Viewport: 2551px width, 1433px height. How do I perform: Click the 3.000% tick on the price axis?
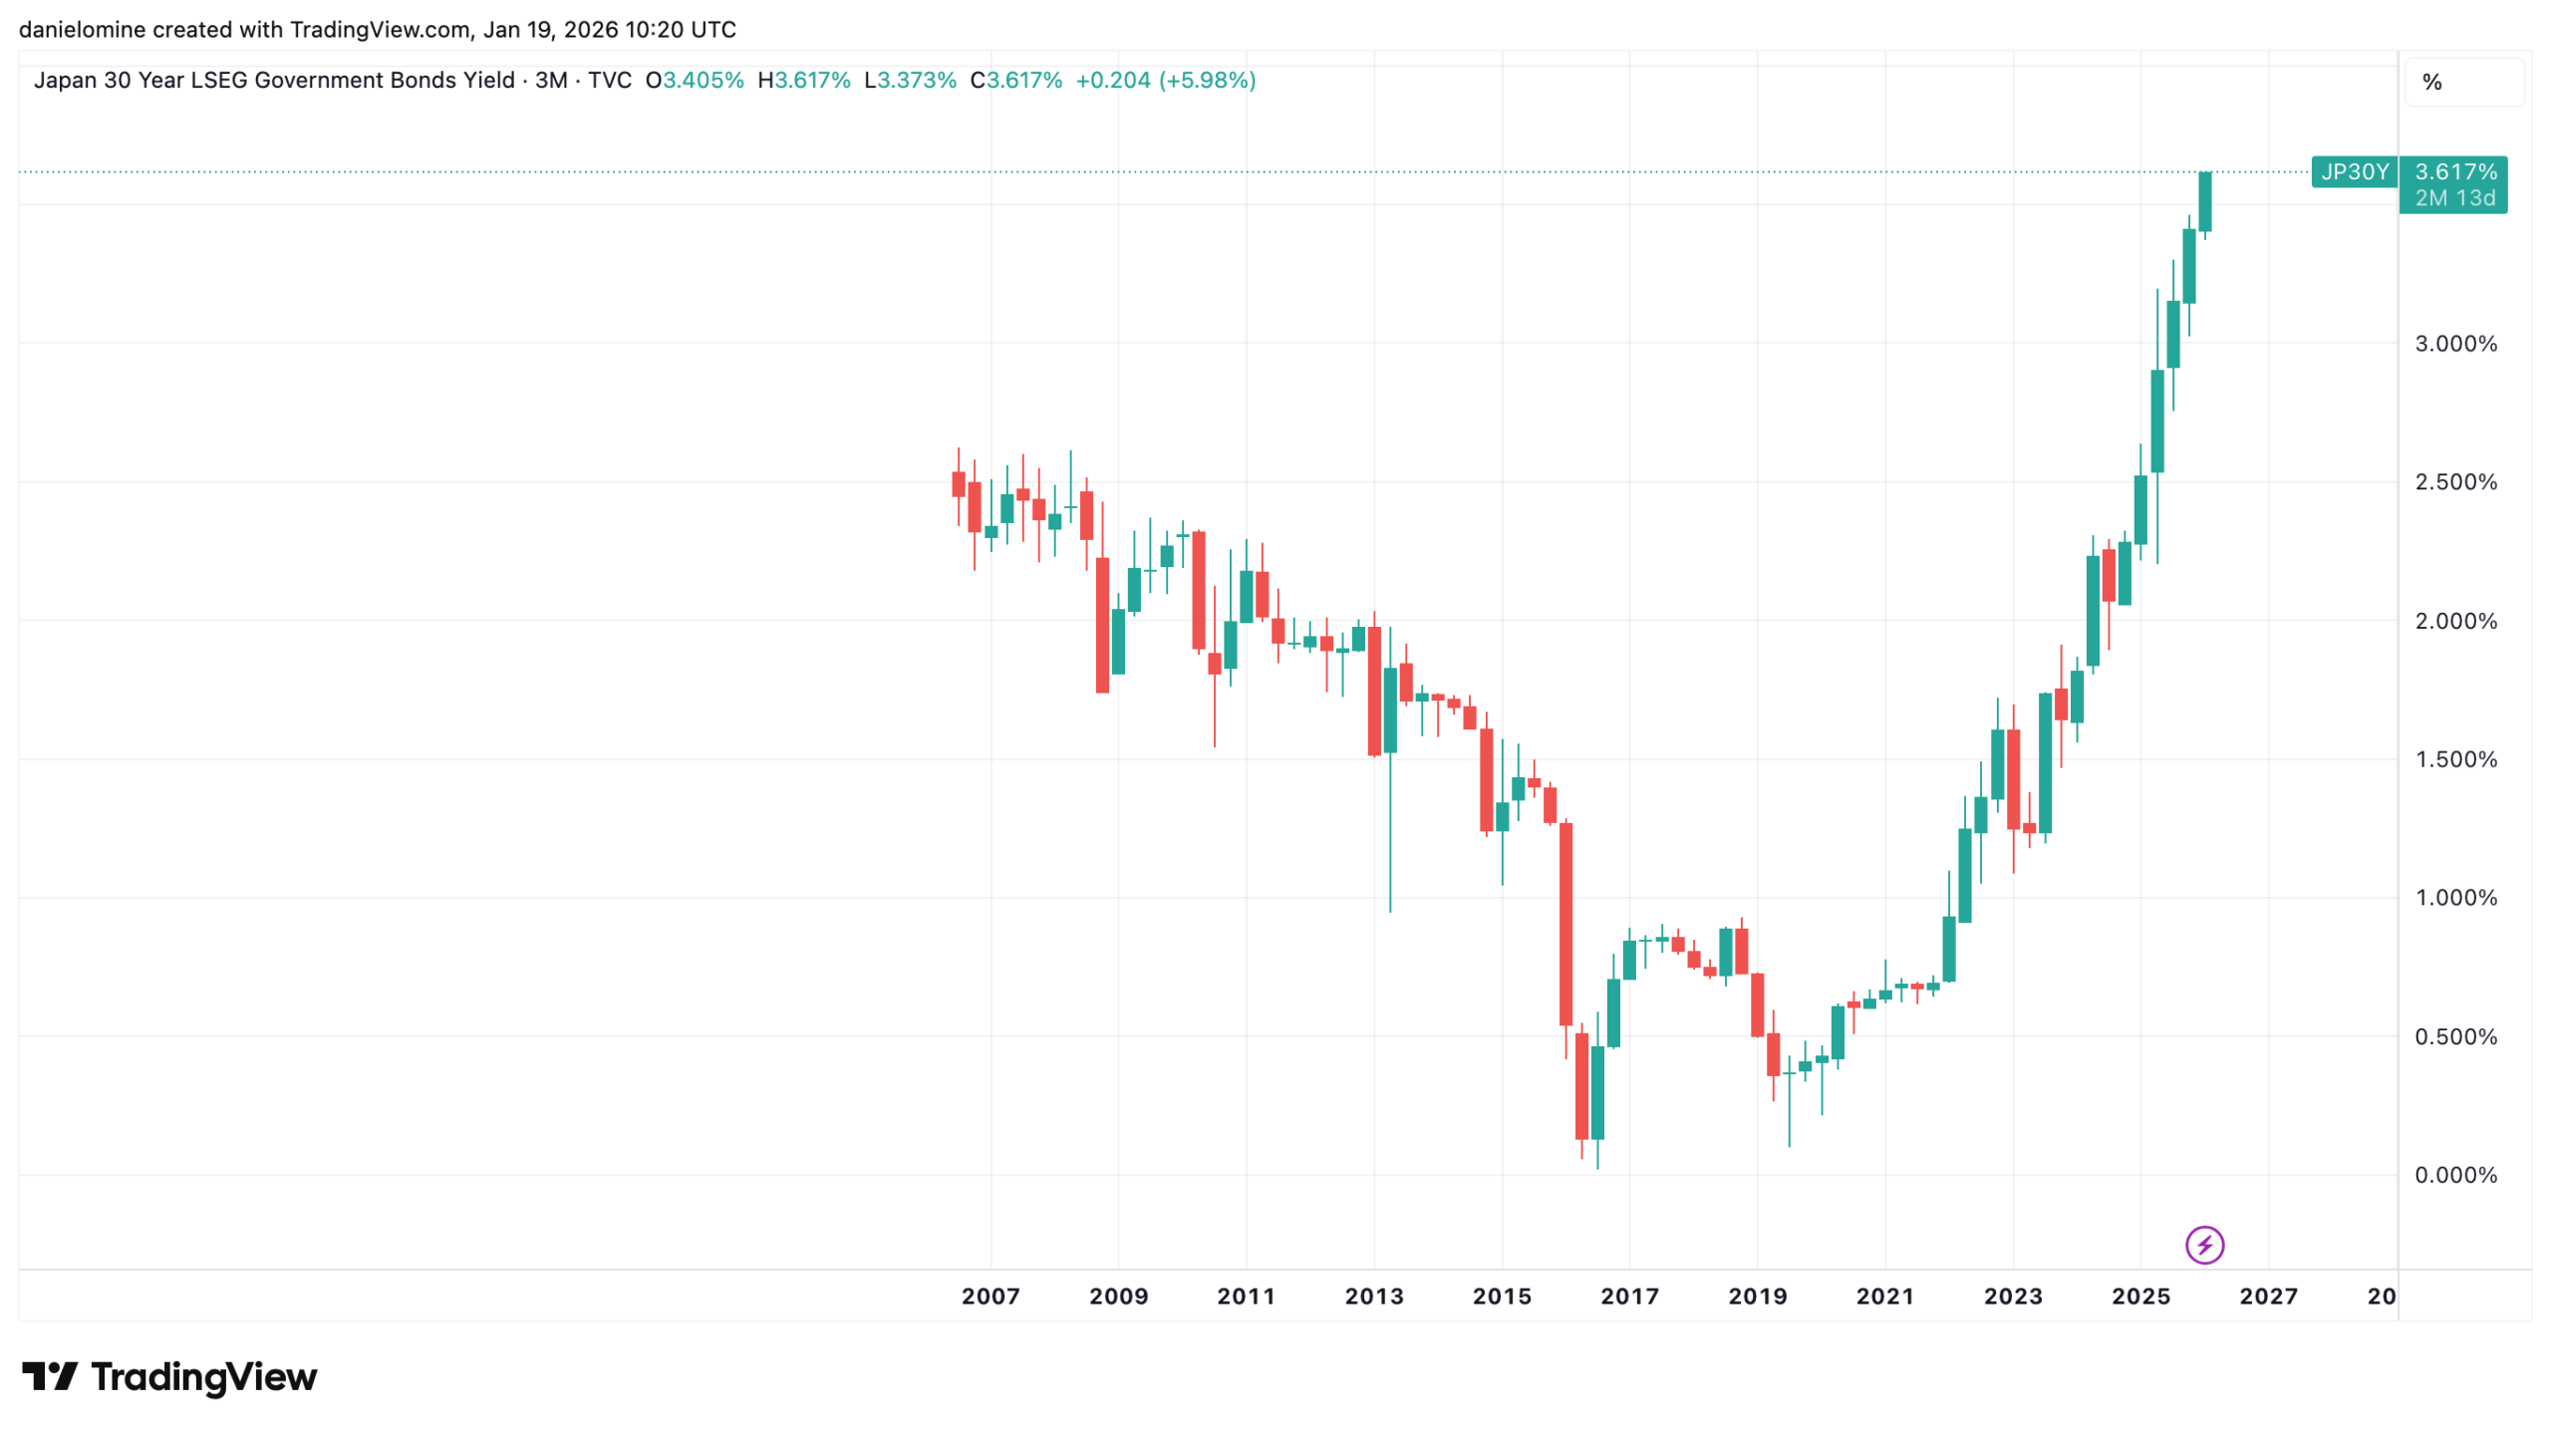(2454, 344)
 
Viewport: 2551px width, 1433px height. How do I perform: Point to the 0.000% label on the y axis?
(2454, 1175)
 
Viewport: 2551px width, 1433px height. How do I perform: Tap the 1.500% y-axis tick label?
(2454, 759)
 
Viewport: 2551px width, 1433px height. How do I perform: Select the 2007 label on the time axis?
(991, 1295)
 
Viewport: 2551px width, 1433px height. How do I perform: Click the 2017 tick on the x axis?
(1629, 1295)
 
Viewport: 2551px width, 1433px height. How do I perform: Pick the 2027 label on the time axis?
(2268, 1295)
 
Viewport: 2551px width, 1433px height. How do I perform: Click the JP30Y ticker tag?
(2354, 171)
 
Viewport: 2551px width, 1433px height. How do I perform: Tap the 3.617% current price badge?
(2455, 171)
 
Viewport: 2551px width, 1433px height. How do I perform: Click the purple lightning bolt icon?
(2204, 1245)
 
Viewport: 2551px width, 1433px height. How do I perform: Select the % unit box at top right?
(2431, 82)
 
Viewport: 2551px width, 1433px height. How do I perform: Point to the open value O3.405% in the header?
(695, 80)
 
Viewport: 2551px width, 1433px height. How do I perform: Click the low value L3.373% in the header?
(910, 80)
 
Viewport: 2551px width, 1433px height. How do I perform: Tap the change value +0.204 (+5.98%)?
(1165, 80)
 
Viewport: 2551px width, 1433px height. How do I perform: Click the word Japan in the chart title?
(65, 80)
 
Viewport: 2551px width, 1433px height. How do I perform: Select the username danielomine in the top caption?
(83, 29)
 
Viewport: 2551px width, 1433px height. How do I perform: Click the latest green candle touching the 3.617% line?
(2205, 201)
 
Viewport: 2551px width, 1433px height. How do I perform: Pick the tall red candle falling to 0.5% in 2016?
(1565, 924)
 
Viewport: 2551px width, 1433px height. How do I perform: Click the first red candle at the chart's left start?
(959, 484)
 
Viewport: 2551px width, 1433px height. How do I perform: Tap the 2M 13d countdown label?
(2454, 198)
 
